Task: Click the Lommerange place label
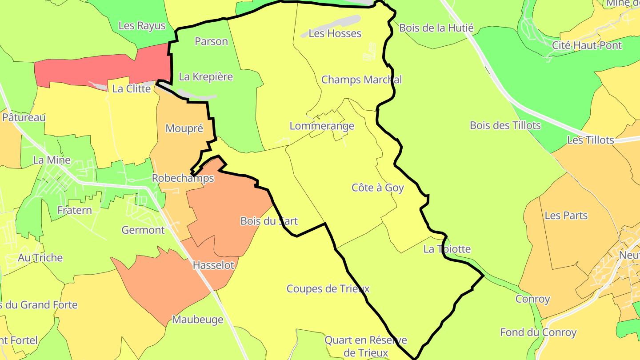tap(322, 126)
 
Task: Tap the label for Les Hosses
tap(335, 33)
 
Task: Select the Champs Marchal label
tap(361, 80)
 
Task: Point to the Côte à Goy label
tap(377, 188)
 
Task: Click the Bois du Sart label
tap(268, 221)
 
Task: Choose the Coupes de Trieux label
tap(328, 289)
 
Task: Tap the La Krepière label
tap(206, 76)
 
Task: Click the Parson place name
tap(211, 41)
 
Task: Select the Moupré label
tap(184, 128)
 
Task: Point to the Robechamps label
tap(183, 178)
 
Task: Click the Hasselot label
tap(213, 265)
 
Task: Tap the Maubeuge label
tap(197, 320)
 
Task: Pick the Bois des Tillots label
tap(505, 125)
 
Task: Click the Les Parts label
tap(566, 216)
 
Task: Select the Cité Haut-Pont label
tap(587, 45)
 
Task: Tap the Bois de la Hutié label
tap(436, 28)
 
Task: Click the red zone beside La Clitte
tap(102, 67)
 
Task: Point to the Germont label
tap(143, 230)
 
